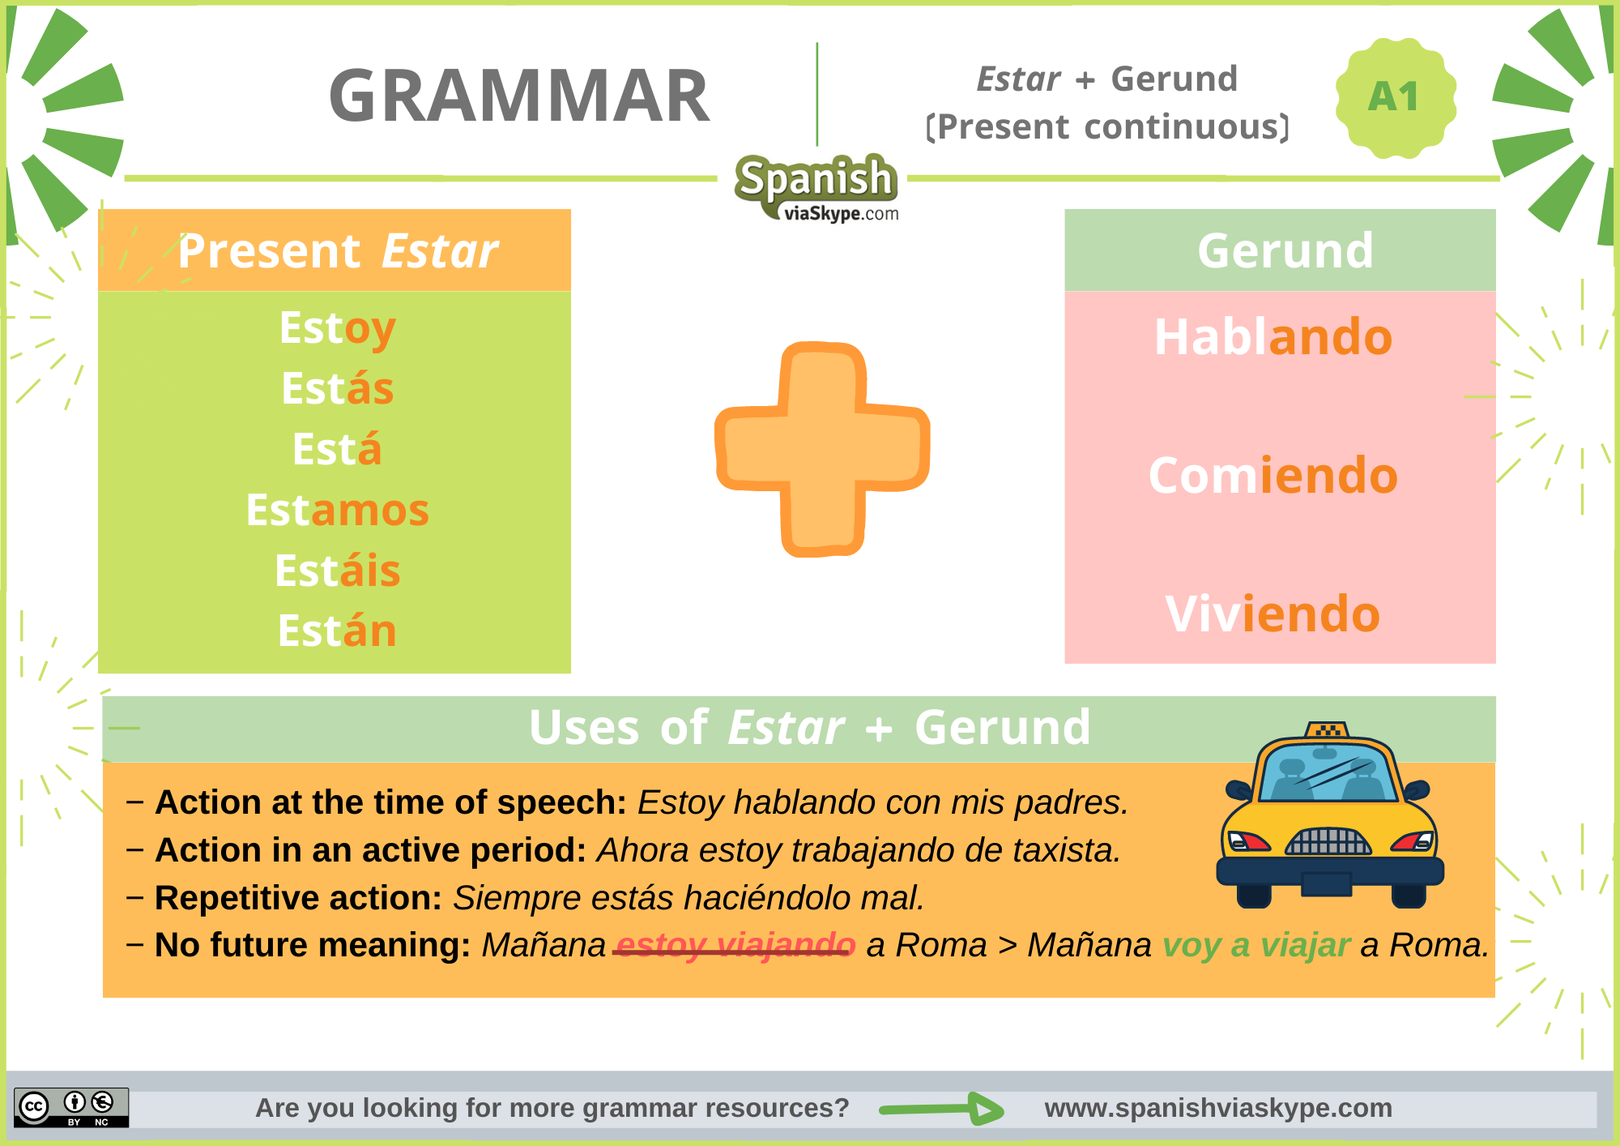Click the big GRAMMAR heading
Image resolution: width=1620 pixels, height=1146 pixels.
pyautogui.click(x=519, y=96)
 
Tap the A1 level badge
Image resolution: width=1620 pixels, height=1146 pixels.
pyautogui.click(x=1394, y=97)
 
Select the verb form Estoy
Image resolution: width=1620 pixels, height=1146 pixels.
pyautogui.click(x=337, y=328)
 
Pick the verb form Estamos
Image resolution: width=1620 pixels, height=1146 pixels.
pyautogui.click(x=337, y=511)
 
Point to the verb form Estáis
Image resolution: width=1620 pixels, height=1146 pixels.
pyautogui.click(x=337, y=571)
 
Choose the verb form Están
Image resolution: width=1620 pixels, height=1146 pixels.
pyautogui.click(x=337, y=631)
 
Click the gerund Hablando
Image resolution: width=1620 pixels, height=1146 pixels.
pyautogui.click(x=1273, y=337)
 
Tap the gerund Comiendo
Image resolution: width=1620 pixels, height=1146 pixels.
pyautogui.click(x=1273, y=476)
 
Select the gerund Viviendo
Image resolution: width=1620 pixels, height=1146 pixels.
pyautogui.click(x=1273, y=614)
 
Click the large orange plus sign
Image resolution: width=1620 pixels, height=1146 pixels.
pyautogui.click(x=821, y=449)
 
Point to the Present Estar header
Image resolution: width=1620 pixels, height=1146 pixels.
pyautogui.click(x=337, y=251)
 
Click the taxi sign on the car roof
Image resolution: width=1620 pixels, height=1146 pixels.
pyautogui.click(x=1327, y=729)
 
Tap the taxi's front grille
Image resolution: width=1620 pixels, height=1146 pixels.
pyautogui.click(x=1328, y=842)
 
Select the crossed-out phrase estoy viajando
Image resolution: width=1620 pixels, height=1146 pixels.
pyautogui.click(x=735, y=945)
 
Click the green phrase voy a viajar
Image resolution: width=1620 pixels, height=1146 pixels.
pyautogui.click(x=1255, y=945)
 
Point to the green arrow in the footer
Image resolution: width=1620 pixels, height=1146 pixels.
pyautogui.click(x=941, y=1109)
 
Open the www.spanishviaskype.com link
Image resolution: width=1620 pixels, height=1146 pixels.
pyautogui.click(x=1217, y=1108)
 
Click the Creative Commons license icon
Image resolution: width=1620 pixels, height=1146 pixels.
pyautogui.click(x=71, y=1107)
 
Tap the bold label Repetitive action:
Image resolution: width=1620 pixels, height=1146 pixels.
pyautogui.click(x=298, y=898)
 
